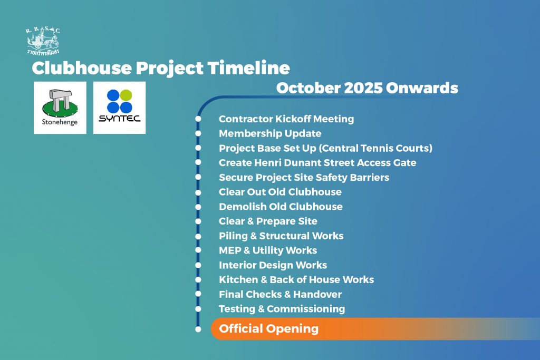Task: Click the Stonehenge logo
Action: (60, 108)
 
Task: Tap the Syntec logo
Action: (120, 108)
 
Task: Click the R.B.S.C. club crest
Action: (43, 41)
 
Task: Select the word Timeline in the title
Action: (249, 68)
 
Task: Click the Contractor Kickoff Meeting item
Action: (286, 119)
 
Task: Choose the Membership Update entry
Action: (270, 133)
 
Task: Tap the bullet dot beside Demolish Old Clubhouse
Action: (198, 207)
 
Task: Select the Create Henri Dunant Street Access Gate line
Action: (317, 163)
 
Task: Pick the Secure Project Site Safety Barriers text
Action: (304, 178)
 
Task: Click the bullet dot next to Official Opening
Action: (198, 329)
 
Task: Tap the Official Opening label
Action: (268, 329)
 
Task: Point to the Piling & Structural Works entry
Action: (281, 236)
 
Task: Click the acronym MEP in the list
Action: (230, 250)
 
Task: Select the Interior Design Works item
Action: (273, 265)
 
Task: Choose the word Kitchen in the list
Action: (238, 280)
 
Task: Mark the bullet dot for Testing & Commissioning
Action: (198, 309)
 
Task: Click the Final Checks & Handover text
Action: (281, 295)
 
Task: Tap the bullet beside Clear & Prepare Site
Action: (198, 221)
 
